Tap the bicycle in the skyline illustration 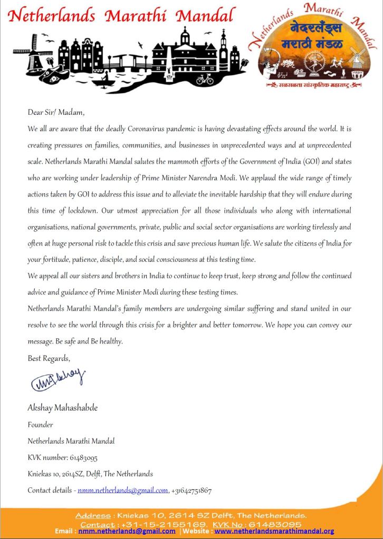click(x=204, y=79)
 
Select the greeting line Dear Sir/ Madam click(x=56, y=112)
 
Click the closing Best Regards click(x=49, y=358)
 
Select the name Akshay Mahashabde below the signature click(x=62, y=408)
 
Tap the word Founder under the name click(x=40, y=425)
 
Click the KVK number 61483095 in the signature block click(x=83, y=457)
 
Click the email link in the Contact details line click(x=122, y=491)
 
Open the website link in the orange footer click(x=274, y=531)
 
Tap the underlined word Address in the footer click(x=92, y=515)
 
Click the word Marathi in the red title click(x=138, y=16)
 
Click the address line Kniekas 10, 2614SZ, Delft click(x=90, y=474)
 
